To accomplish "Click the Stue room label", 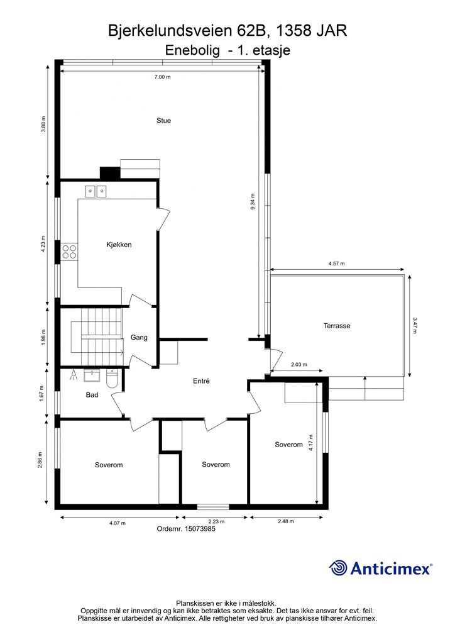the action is tap(163, 120).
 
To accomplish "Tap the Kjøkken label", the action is tap(119, 245).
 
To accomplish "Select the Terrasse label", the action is tap(337, 326).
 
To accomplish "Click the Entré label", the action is tap(201, 381).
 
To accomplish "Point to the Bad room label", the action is tap(92, 395).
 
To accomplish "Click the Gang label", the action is tap(139, 338).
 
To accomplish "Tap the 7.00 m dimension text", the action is tap(163, 77).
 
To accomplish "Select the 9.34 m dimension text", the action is tap(252, 202).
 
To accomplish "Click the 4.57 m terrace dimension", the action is tap(336, 264).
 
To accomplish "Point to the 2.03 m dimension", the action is tap(299, 364).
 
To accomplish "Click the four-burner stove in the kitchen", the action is tap(69, 252).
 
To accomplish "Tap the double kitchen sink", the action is tap(96, 191).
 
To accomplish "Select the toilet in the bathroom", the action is tap(112, 378).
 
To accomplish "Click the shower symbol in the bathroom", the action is tap(74, 375).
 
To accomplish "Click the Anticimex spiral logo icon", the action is tap(339, 568).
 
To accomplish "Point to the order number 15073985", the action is tap(200, 529).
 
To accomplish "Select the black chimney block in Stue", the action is tap(110, 173).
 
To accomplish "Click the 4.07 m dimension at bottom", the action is tap(118, 523).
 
